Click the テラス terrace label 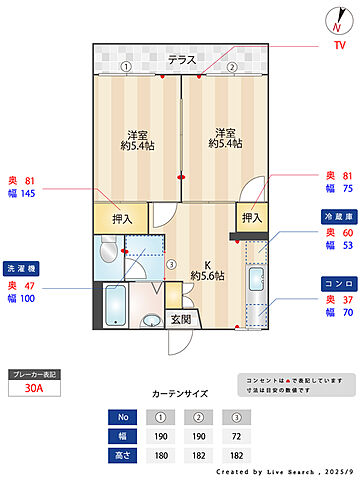pyautogui.click(x=181, y=60)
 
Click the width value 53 pyautogui.click(x=346, y=245)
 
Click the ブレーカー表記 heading pyautogui.click(x=34, y=374)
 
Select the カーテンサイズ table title pyautogui.click(x=180, y=394)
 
